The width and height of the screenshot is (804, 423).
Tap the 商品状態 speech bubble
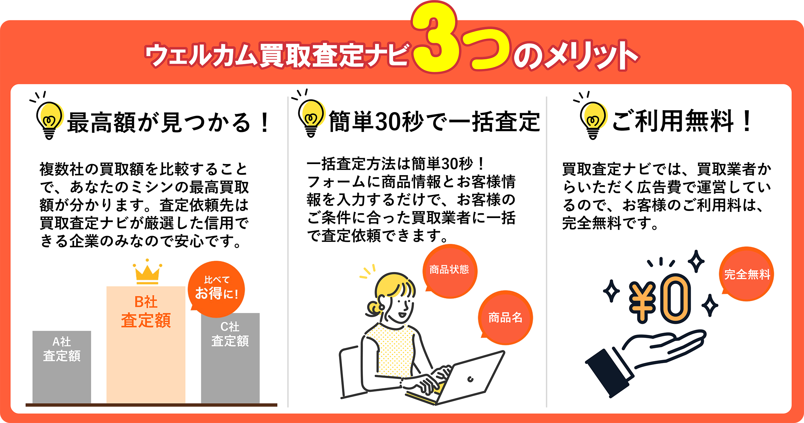coord(450,271)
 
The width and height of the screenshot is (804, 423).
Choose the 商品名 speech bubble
coord(505,318)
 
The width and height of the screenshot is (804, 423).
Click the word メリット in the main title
coord(590,55)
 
